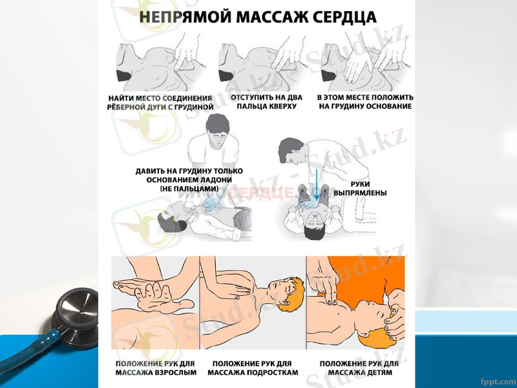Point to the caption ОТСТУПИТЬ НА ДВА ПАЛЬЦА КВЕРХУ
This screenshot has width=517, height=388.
(262, 102)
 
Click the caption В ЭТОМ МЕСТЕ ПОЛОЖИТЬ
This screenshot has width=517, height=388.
(365, 98)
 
